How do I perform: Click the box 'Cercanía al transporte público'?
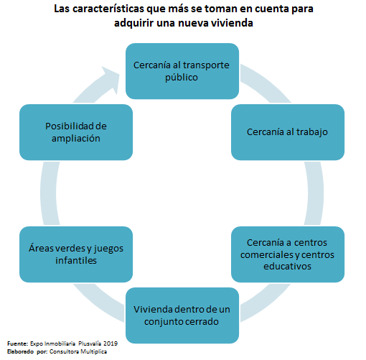(182, 71)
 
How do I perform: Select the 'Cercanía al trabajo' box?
(288, 132)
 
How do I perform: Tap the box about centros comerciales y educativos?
(288, 254)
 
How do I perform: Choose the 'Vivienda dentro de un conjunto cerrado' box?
(182, 315)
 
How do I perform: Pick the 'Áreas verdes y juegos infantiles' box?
(76, 254)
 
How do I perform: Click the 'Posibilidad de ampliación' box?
(76, 132)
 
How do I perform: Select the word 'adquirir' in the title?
(133, 24)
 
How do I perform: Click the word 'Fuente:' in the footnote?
(18, 343)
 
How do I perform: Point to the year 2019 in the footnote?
(111, 343)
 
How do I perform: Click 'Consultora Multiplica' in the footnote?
(78, 351)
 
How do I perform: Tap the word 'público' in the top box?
(182, 78)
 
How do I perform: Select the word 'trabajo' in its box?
(312, 132)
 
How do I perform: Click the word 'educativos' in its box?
(287, 267)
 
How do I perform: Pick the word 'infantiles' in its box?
(76, 260)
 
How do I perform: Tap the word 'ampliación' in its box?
(76, 139)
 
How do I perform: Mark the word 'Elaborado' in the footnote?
(20, 351)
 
